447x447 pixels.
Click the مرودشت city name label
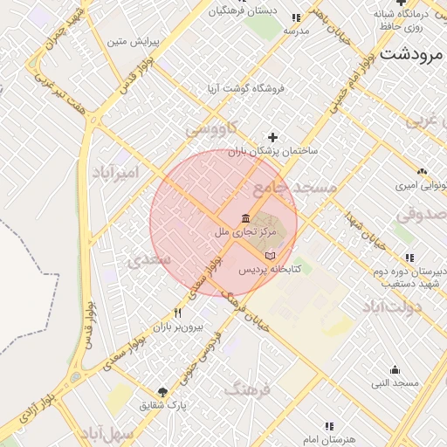[x=414, y=54]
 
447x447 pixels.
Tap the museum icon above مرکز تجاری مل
[x=246, y=217]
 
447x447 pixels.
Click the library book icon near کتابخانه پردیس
[x=270, y=254]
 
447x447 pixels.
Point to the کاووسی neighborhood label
[x=210, y=130]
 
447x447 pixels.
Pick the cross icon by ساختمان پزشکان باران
[x=273, y=137]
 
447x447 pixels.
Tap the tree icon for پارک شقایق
[x=162, y=391]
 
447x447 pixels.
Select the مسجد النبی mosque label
[x=395, y=383]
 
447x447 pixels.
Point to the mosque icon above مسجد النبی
[x=395, y=369]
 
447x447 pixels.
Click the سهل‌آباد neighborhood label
[x=107, y=433]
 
